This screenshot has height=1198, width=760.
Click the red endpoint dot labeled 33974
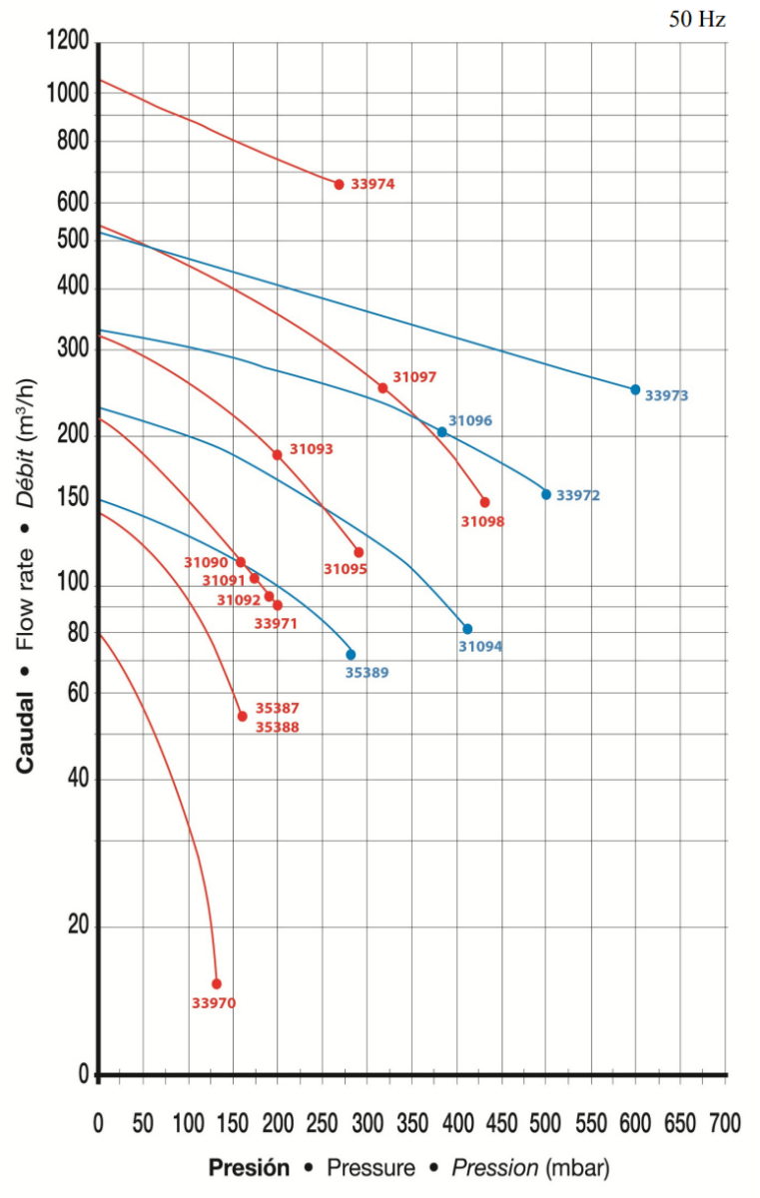pyautogui.click(x=339, y=185)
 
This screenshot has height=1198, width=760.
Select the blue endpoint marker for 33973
pyautogui.click(x=635, y=389)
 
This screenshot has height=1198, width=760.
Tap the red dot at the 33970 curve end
pyautogui.click(x=217, y=983)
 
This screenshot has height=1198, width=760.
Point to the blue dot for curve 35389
pyautogui.click(x=351, y=655)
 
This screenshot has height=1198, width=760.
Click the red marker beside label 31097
pyautogui.click(x=382, y=388)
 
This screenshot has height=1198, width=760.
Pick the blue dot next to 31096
pyautogui.click(x=442, y=432)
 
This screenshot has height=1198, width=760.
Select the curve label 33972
pyautogui.click(x=578, y=495)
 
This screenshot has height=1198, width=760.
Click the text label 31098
pyautogui.click(x=482, y=521)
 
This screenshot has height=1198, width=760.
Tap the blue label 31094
pyautogui.click(x=480, y=647)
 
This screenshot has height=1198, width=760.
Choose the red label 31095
pyautogui.click(x=346, y=570)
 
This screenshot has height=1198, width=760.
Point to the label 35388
pyautogui.click(x=277, y=728)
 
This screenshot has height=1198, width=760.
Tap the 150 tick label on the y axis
pyautogui.click(x=71, y=499)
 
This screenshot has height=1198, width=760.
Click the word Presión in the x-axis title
pyautogui.click(x=249, y=1167)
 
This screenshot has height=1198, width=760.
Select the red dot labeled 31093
pyautogui.click(x=278, y=455)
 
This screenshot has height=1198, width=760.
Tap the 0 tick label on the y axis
pyautogui.click(x=84, y=1074)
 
